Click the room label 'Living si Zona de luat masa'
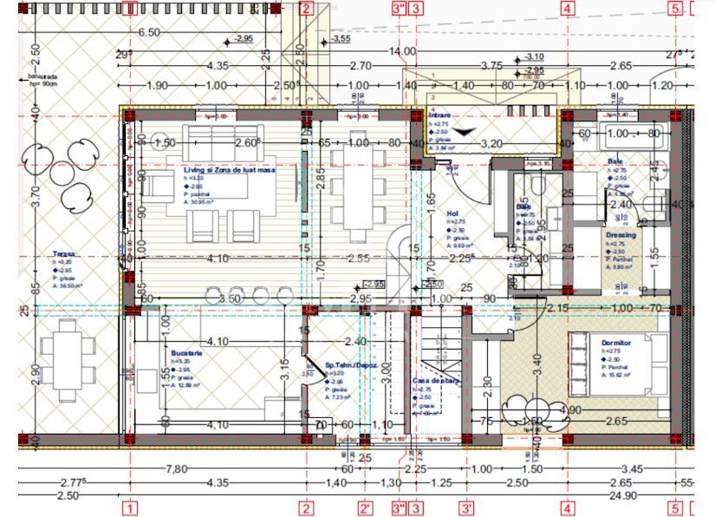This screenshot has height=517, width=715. [x=229, y=171]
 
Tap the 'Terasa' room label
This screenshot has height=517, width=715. [x=63, y=255]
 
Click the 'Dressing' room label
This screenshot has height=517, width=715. [x=621, y=235]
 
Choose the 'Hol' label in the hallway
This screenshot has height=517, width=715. [x=452, y=213]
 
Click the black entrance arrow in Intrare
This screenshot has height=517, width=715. [x=465, y=131]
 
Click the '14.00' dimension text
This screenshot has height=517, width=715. [x=401, y=52]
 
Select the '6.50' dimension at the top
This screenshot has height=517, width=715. [x=150, y=32]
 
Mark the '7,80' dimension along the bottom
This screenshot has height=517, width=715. [x=177, y=469]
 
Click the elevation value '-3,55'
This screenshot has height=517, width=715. [x=340, y=39]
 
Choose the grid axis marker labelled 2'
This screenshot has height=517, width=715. [x=367, y=508]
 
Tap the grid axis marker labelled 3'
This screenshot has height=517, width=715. [x=466, y=508]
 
